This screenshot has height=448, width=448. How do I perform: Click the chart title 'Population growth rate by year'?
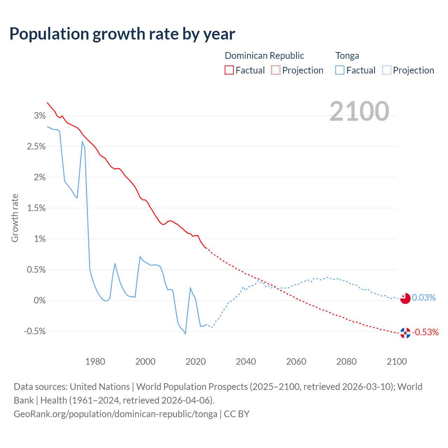(x=122, y=34)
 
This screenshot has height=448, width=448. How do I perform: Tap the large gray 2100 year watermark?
(x=359, y=111)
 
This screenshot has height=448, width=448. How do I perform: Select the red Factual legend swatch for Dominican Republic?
(x=229, y=70)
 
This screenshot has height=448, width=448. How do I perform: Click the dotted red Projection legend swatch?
(x=276, y=70)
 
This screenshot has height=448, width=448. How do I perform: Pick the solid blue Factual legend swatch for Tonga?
(x=340, y=70)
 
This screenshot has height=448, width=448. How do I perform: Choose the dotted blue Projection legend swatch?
(x=387, y=70)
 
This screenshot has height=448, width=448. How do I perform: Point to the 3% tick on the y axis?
(x=40, y=115)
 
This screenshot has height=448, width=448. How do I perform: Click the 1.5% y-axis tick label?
(x=36, y=208)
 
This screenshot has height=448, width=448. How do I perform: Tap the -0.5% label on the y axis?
(x=35, y=331)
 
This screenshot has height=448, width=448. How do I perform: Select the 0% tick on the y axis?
(x=40, y=300)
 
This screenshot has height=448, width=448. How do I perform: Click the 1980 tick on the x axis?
(x=95, y=362)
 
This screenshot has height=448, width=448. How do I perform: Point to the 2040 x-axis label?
(x=246, y=362)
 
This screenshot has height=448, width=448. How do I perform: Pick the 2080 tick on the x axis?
(x=346, y=362)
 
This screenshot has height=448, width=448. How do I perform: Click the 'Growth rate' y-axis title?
(x=15, y=218)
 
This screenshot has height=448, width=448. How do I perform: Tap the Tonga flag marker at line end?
(x=405, y=298)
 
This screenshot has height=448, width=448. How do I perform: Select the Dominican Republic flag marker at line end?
(x=405, y=333)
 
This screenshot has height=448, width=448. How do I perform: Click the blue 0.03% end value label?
(x=424, y=297)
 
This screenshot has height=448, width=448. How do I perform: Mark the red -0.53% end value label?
(x=426, y=332)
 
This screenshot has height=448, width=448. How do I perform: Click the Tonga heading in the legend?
(x=347, y=56)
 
